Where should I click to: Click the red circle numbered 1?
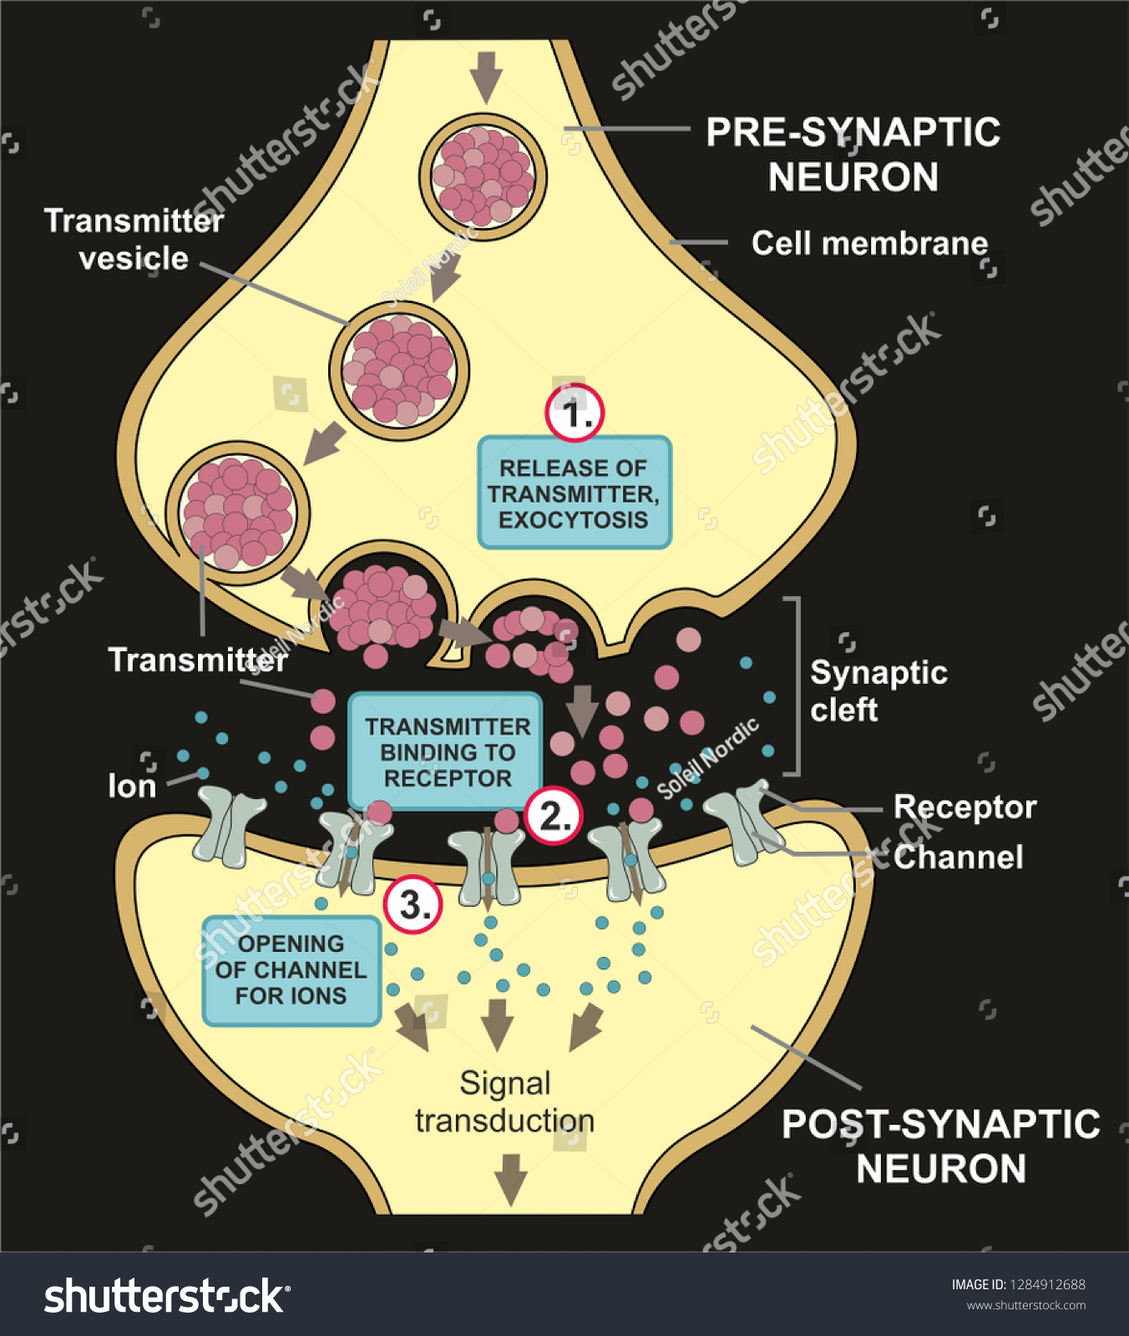pyautogui.click(x=575, y=413)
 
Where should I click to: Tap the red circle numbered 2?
pyautogui.click(x=554, y=816)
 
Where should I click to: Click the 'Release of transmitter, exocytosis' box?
pyautogui.click(x=575, y=493)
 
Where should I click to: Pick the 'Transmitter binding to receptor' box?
pyautogui.click(x=446, y=751)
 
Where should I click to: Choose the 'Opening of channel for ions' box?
pyautogui.click(x=291, y=970)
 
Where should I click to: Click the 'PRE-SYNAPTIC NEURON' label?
pyautogui.click(x=853, y=154)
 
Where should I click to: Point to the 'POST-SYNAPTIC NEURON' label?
pyautogui.click(x=940, y=1146)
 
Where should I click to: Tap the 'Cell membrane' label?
pyautogui.click(x=869, y=243)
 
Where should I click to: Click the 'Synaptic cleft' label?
pyautogui.click(x=877, y=691)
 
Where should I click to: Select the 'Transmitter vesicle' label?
pyautogui.click(x=134, y=240)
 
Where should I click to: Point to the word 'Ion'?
pyautogui.click(x=132, y=786)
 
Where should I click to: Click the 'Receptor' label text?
pyautogui.click(x=964, y=807)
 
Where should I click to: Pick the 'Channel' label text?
pyautogui.click(x=958, y=857)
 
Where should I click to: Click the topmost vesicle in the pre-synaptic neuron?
pyautogui.click(x=483, y=177)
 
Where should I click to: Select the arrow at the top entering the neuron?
pyautogui.click(x=485, y=75)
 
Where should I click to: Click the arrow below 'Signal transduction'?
pyautogui.click(x=510, y=1177)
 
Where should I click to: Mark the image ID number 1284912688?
pyautogui.click(x=1047, y=1284)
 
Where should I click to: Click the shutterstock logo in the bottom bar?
pyautogui.click(x=167, y=1296)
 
